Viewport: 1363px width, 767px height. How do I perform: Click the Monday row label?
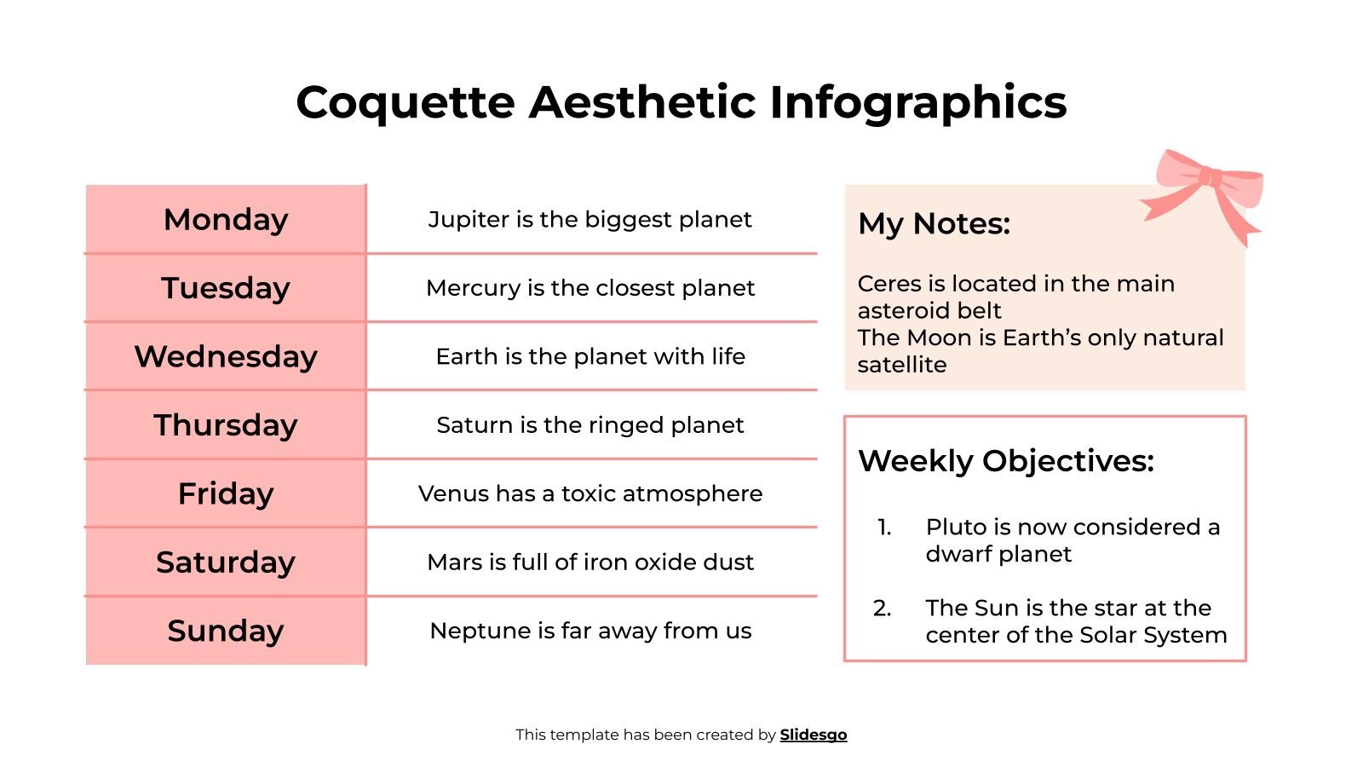point(226,220)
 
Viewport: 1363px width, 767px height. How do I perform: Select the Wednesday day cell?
point(226,356)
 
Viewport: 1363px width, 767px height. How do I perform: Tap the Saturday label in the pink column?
point(226,562)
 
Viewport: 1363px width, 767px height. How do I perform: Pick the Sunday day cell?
point(226,631)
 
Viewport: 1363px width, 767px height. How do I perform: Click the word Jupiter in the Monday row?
point(457,220)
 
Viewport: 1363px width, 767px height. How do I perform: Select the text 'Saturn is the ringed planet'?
point(589,425)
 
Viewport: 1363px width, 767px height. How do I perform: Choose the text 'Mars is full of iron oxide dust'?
point(589,562)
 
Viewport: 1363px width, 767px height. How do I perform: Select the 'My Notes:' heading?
point(934,224)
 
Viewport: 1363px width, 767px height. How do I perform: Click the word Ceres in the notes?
point(887,284)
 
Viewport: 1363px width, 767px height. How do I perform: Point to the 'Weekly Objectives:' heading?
point(1006,461)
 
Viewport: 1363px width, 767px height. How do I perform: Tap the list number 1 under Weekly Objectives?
point(883,528)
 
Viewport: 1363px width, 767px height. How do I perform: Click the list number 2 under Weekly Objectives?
point(882,608)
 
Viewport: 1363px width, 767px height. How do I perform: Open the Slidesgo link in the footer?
point(813,735)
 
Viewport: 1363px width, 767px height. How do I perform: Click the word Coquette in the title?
point(405,103)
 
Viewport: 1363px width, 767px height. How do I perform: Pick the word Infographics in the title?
point(917,103)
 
